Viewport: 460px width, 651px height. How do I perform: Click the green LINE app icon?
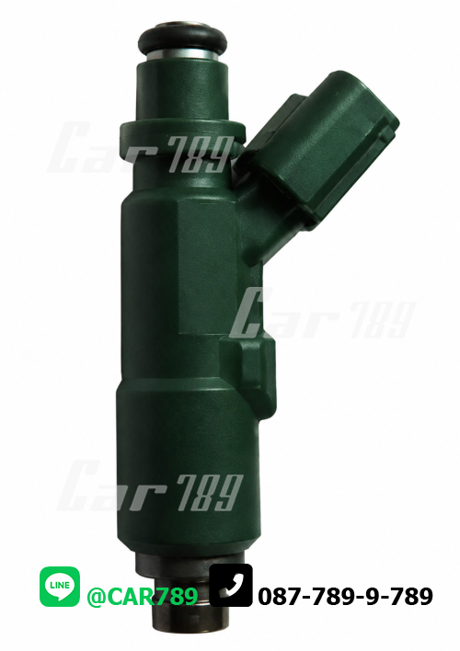tap(60, 587)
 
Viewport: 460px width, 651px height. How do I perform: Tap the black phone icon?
tap(231, 585)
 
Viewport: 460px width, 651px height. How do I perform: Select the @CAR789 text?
tap(142, 597)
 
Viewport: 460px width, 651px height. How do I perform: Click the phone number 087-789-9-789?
tap(345, 597)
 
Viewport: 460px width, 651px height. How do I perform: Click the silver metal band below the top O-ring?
tap(182, 54)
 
